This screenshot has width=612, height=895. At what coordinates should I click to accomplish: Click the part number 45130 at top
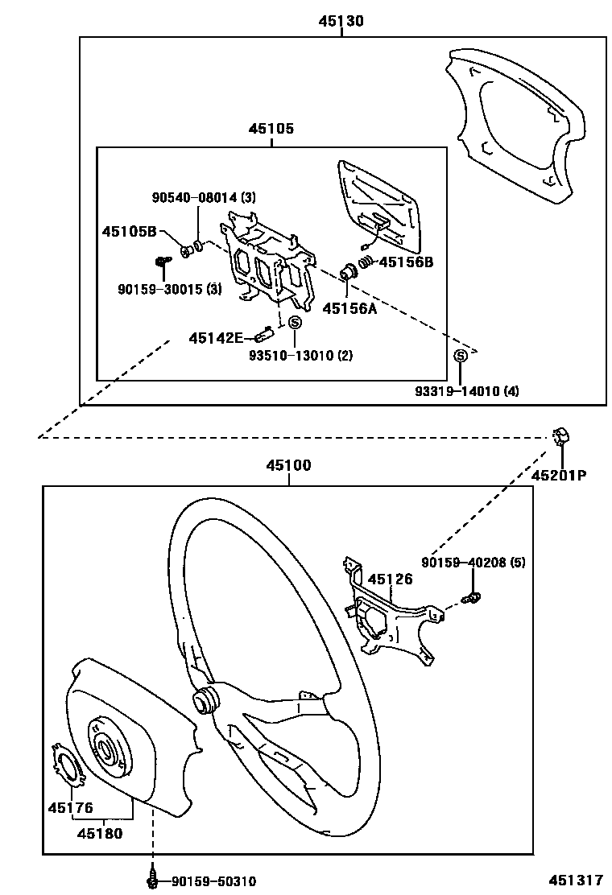click(341, 22)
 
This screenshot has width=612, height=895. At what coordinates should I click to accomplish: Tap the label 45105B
click(129, 232)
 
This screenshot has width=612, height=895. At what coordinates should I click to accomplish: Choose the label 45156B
click(407, 262)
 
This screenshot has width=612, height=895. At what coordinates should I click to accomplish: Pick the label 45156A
click(349, 307)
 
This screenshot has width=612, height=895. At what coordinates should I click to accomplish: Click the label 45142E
click(216, 338)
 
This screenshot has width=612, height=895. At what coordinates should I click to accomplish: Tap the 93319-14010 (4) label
click(467, 391)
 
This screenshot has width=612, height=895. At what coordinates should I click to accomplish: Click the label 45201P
click(558, 475)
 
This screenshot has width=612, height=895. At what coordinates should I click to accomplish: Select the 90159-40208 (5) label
click(473, 563)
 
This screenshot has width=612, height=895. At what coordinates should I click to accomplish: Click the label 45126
click(391, 579)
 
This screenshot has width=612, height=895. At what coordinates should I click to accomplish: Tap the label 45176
click(70, 807)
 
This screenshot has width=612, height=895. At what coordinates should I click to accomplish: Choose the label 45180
click(101, 834)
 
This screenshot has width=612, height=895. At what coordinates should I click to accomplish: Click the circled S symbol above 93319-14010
click(461, 357)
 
